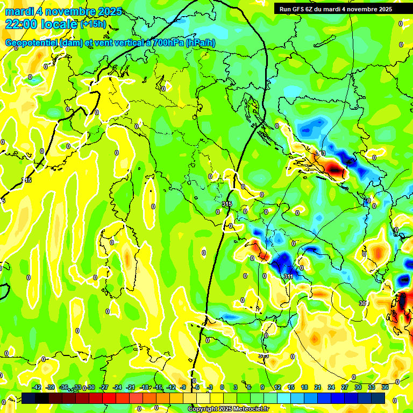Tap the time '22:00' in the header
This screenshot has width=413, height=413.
21,24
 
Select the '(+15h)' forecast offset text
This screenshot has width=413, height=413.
93,24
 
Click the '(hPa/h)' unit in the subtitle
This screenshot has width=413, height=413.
201,43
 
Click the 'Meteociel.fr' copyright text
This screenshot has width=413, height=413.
248,409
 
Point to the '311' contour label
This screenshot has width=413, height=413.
288,277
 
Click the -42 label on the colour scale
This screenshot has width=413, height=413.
37,387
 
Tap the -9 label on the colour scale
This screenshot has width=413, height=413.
183,387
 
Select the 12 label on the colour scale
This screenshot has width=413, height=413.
277,387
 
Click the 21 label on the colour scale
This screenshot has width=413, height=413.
318,387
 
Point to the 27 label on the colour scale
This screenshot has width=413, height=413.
345,387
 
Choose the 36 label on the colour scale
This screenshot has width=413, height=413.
384,387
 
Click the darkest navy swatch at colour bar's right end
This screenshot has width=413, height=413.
378,398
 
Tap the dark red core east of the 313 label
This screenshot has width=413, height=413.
336,171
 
